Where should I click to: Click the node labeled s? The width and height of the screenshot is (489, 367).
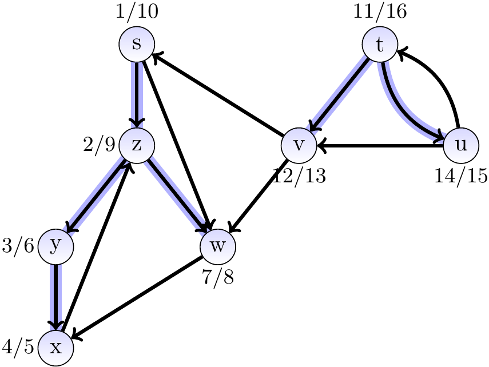(x=137, y=45)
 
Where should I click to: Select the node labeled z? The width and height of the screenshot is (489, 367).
(x=137, y=145)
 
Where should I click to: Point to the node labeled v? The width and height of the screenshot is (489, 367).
(x=299, y=145)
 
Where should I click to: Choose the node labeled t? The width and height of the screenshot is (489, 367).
(x=380, y=45)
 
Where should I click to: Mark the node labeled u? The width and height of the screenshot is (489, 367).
(x=461, y=145)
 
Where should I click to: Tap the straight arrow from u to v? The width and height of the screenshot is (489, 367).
(x=380, y=146)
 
